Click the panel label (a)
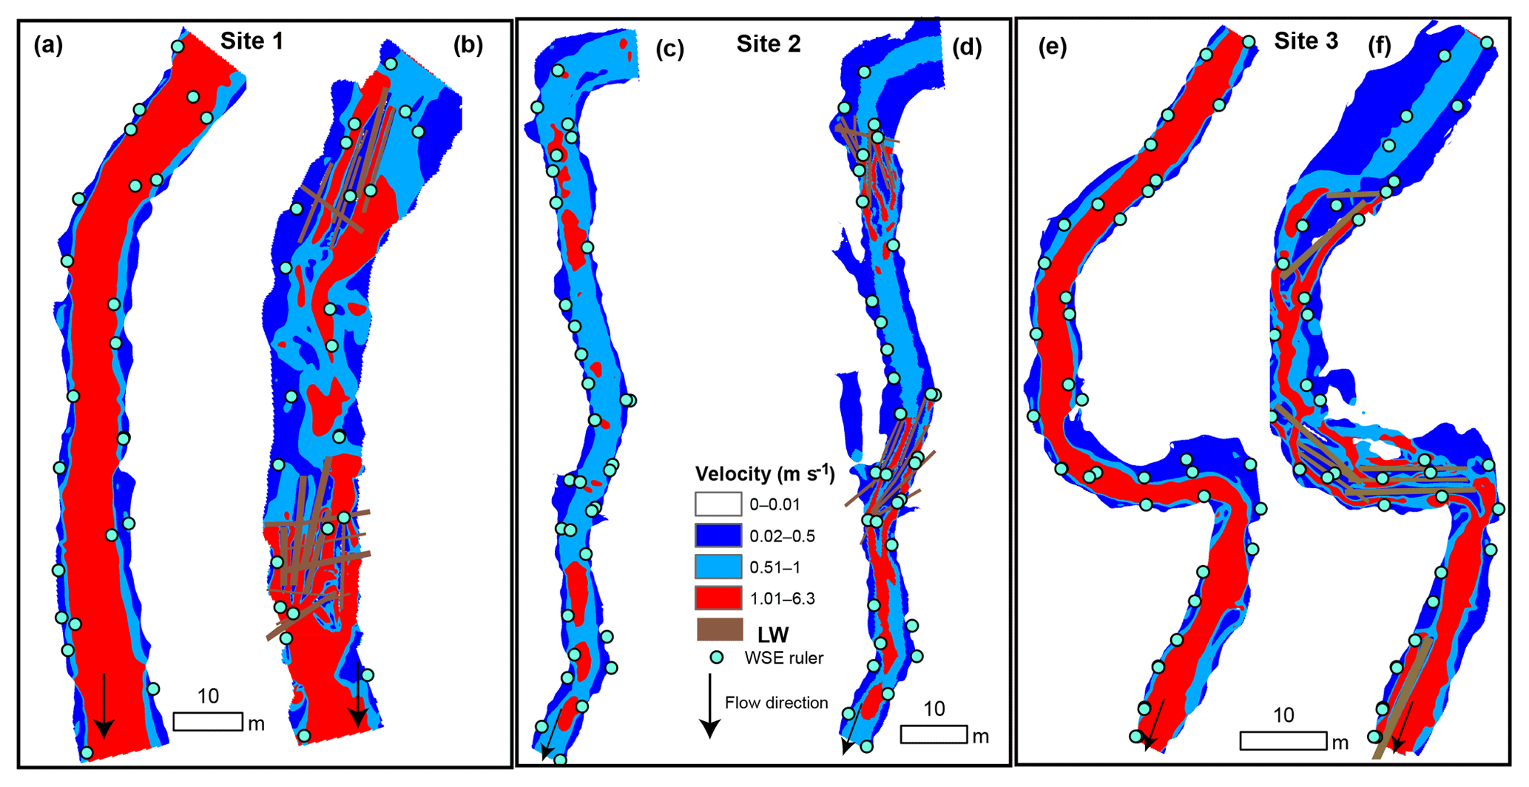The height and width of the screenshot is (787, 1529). point(48,46)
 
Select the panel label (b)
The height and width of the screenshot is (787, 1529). point(468,46)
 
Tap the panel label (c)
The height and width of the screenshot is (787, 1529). point(669,49)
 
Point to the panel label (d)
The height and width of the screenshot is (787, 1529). point(967,47)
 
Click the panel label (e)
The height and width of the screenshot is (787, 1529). point(1053,47)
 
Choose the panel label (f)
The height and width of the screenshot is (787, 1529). point(1380,47)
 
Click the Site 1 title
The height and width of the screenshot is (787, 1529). point(252,41)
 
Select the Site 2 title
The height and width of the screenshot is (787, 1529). point(768,44)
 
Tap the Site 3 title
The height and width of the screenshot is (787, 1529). point(1306,41)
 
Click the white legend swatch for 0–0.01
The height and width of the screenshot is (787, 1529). point(718,504)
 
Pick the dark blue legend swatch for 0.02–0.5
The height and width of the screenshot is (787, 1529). point(718,536)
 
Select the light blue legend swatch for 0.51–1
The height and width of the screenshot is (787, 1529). point(718,567)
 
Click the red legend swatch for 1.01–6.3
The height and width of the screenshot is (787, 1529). point(718,598)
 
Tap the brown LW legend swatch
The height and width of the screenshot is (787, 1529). point(719,630)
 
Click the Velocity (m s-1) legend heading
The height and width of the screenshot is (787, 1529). point(765,473)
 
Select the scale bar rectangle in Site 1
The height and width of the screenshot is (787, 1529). point(208,721)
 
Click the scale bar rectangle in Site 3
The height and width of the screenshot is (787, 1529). point(1283,740)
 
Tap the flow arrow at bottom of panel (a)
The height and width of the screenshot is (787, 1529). point(104,706)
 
